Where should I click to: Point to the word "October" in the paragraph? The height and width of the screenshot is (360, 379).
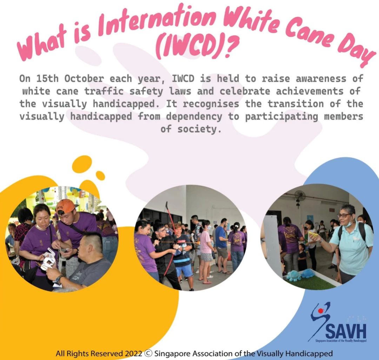84,79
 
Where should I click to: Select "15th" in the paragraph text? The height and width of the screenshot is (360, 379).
47,79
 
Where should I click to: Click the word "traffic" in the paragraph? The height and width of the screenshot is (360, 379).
104,91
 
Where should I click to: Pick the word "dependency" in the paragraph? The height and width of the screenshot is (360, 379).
194,117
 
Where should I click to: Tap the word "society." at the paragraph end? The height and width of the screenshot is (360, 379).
199,129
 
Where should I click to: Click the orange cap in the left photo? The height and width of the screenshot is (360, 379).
65,206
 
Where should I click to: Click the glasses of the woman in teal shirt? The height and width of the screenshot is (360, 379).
344,215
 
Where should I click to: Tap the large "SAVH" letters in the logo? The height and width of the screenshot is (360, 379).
346,331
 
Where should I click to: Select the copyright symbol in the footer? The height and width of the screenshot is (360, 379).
148,353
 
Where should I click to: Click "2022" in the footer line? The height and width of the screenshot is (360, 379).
133,353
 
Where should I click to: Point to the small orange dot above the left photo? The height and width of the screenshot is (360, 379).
100,175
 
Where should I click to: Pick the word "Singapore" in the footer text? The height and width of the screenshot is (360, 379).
171,354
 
